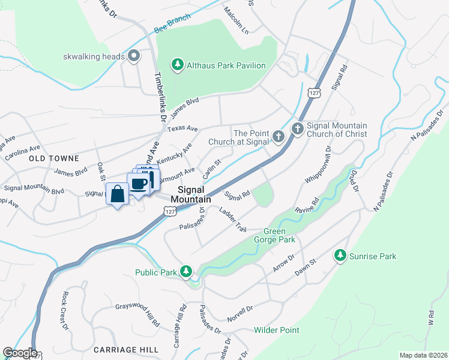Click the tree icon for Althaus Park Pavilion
pyautogui.click(x=177, y=65)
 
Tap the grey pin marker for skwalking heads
pyautogui.click(x=134, y=57)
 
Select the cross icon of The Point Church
pyautogui.click(x=278, y=136)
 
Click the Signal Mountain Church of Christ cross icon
pyautogui.click(x=298, y=129)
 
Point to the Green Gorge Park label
pyautogui.click(x=280, y=235)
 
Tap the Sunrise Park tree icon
pyautogui.click(x=340, y=256)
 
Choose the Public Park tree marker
pyautogui.click(x=186, y=272)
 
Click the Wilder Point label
pyautogui.click(x=276, y=330)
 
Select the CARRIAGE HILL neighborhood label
pyautogui.click(x=126, y=349)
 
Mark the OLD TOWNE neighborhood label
pyautogui.click(x=53, y=158)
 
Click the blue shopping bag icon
pyautogui.click(x=117, y=194)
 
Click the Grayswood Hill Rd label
pyautogui.click(x=137, y=314)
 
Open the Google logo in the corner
pyautogui.click(x=19, y=353)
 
